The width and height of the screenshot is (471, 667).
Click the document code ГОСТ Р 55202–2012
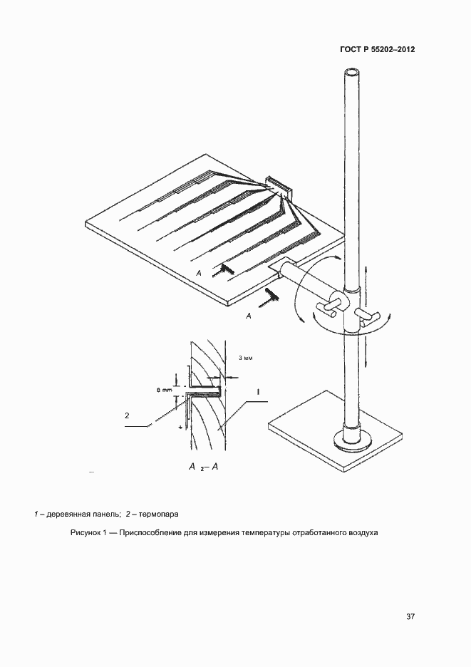[x=378, y=49]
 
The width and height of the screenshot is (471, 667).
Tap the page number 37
[x=410, y=616]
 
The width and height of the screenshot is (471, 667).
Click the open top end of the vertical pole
[x=353, y=73]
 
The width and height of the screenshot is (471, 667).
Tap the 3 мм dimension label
[x=246, y=358]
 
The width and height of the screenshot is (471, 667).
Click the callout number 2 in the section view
[x=128, y=415]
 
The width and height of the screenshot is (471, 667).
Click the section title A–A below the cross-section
[x=204, y=467]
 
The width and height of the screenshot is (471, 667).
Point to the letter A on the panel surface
[x=199, y=273]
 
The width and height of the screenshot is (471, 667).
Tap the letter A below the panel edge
[x=249, y=316]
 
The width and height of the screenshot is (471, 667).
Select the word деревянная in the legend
[x=67, y=515]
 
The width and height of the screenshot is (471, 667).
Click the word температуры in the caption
[x=266, y=532]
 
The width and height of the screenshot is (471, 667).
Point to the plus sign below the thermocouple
[x=181, y=426]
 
